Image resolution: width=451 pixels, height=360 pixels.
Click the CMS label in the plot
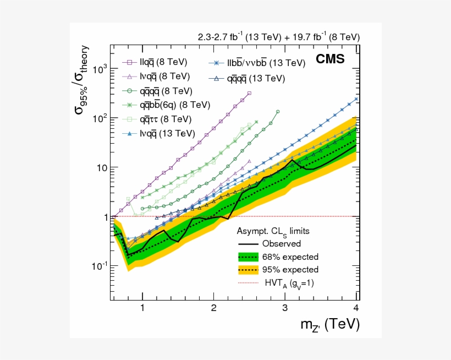pyautogui.click(x=330, y=59)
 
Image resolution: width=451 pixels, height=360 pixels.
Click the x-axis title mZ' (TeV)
pyautogui.click(x=325, y=325)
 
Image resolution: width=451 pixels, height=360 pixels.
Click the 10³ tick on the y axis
pyautogui.click(x=99, y=69)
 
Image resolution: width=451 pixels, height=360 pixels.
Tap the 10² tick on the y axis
pyautogui.click(x=99, y=118)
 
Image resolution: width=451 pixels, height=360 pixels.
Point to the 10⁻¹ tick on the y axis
pyautogui.click(x=99, y=266)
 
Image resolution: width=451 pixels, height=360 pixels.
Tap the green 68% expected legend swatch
pyautogui.click(x=248, y=257)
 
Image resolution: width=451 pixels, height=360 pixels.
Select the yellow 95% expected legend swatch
pyautogui.click(x=248, y=270)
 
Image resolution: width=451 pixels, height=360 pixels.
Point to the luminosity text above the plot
pyautogui.click(x=279, y=37)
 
